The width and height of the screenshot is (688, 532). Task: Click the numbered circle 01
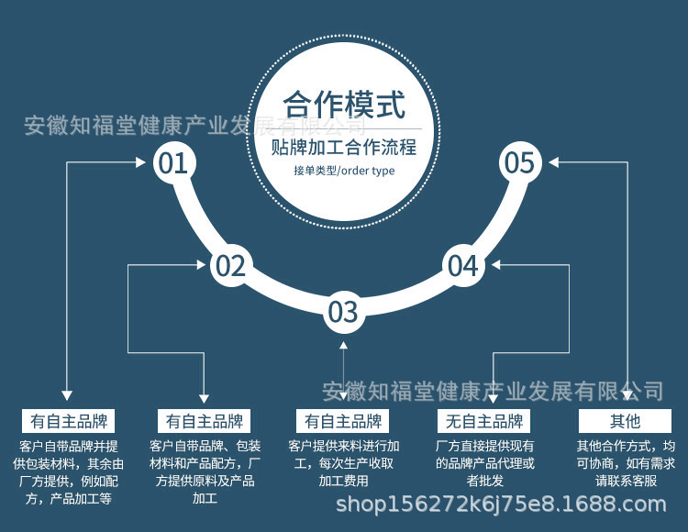tap(172, 163)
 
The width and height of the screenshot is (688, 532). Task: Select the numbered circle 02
tap(230, 266)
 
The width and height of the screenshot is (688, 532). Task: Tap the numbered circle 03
tap(343, 312)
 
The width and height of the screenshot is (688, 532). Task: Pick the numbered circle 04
tap(463, 266)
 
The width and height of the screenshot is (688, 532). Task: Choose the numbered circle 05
tap(519, 163)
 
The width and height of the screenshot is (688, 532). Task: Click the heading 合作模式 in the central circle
tap(344, 105)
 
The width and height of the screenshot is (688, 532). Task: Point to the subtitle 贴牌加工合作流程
tap(344, 147)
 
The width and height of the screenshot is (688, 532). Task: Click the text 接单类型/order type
tap(344, 171)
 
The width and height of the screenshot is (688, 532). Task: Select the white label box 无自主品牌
tap(484, 422)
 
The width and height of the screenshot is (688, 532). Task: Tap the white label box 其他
tap(626, 422)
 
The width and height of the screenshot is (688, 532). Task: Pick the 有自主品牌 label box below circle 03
tap(343, 422)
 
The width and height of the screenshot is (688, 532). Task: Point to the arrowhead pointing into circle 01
tap(141, 162)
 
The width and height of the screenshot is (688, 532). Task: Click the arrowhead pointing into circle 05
tap(553, 162)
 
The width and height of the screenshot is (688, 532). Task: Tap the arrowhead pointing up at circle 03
tap(343, 345)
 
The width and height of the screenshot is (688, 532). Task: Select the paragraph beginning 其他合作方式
tap(626, 462)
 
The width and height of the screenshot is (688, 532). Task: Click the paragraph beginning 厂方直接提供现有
tap(484, 462)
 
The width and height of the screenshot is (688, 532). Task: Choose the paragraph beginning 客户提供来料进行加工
tap(343, 462)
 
